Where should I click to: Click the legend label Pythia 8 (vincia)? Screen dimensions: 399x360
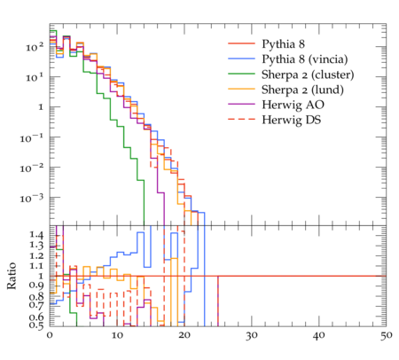click(x=305, y=59)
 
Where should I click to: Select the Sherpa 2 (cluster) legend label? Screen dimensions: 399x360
click(x=308, y=74)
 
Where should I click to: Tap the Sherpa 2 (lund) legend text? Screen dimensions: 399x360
click(x=302, y=90)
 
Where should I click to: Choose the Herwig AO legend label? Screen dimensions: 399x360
click(x=293, y=105)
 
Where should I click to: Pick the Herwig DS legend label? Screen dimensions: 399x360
click(x=292, y=120)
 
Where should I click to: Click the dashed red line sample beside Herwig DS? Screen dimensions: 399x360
click(x=241, y=119)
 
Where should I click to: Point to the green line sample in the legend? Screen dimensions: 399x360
click(x=241, y=74)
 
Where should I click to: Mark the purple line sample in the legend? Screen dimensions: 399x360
click(x=241, y=104)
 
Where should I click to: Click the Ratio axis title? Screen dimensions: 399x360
click(x=12, y=276)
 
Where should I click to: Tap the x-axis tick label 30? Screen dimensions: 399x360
click(x=252, y=336)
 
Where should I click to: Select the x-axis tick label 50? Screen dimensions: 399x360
click(x=387, y=336)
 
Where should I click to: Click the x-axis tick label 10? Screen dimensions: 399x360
click(x=117, y=336)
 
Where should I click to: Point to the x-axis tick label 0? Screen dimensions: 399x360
click(x=50, y=336)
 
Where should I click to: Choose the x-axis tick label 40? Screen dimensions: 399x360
click(x=319, y=336)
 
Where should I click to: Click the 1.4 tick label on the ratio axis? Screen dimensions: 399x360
click(x=36, y=236)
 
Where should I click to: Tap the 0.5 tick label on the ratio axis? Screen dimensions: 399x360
click(x=36, y=325)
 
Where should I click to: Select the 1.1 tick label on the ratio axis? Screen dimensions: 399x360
click(x=36, y=266)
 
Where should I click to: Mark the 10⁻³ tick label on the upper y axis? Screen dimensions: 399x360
click(x=32, y=198)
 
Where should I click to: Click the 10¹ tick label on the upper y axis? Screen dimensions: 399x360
click(x=35, y=77)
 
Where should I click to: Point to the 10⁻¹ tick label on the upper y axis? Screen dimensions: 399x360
click(x=32, y=137)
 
